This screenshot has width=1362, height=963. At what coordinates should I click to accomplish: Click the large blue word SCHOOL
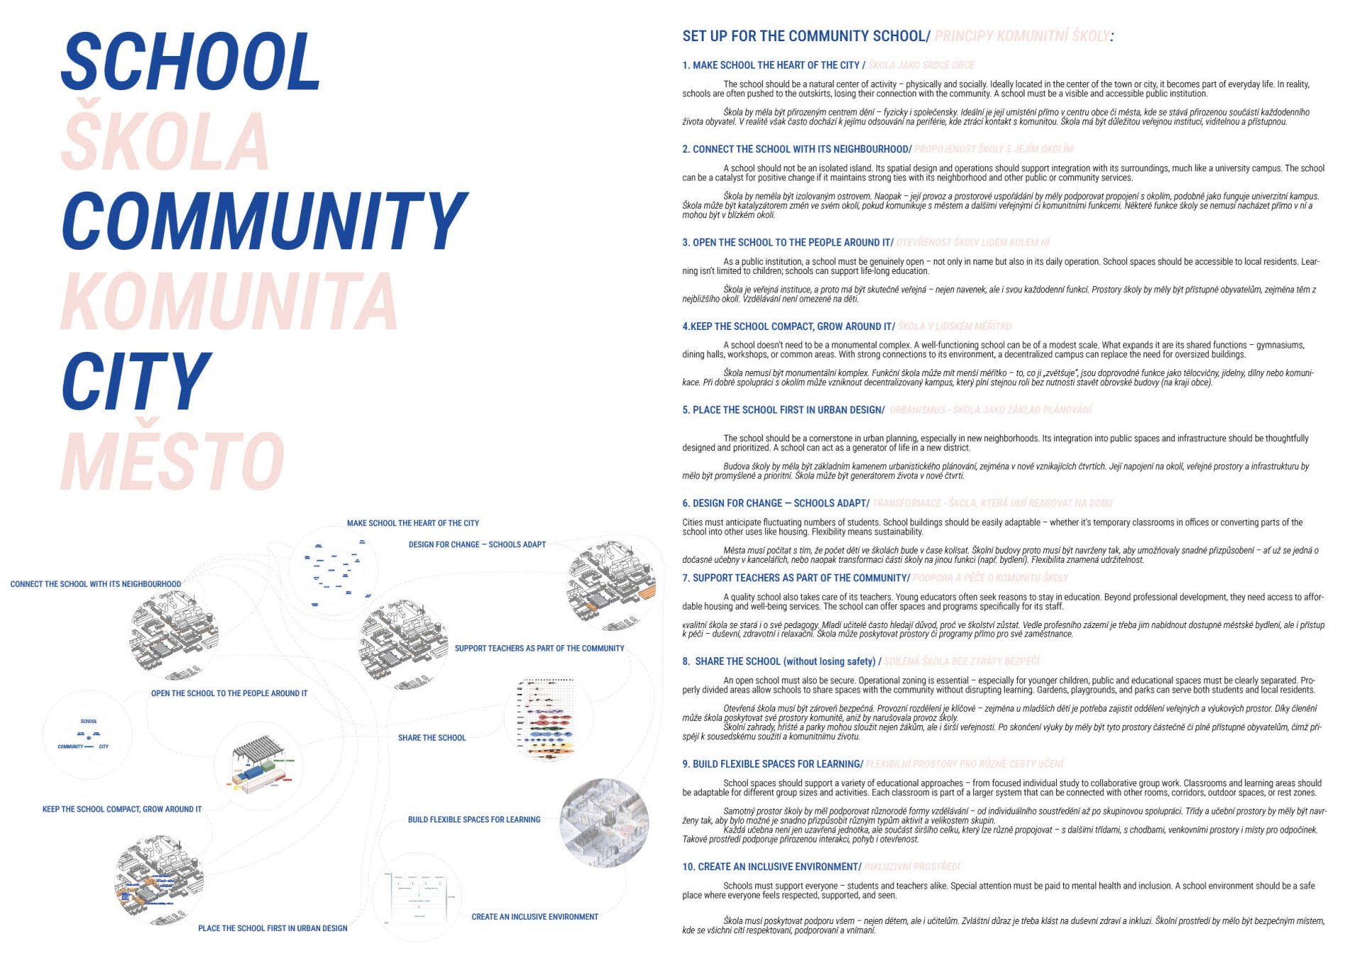point(191,62)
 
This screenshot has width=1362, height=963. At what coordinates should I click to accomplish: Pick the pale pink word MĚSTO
point(172,461)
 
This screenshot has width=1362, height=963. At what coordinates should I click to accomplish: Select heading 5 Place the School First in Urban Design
point(784,410)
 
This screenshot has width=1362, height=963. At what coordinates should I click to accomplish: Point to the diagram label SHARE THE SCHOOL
point(432,738)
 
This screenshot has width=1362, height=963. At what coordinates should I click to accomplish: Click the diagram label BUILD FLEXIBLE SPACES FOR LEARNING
point(474,820)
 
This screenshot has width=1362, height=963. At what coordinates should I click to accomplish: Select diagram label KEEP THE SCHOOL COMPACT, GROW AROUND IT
point(122,809)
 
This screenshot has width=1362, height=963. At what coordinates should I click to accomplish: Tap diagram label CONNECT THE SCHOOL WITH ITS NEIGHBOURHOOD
point(96,584)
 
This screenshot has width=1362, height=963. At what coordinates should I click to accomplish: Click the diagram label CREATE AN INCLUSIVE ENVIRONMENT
point(534,917)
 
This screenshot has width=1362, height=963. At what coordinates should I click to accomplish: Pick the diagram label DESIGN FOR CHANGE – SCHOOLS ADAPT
point(477,545)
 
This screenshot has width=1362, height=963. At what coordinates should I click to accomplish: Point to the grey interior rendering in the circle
point(604,822)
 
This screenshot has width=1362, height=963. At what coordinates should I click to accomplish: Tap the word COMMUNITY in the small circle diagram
point(70,747)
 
